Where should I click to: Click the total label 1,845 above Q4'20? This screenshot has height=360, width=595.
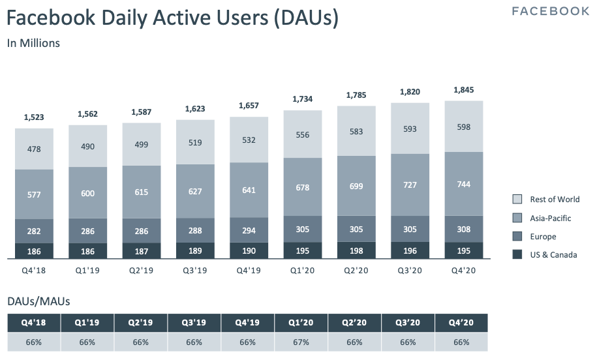[463, 90]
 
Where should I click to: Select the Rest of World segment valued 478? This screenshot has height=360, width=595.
[34, 149]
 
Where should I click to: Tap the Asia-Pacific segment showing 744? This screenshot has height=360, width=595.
[463, 184]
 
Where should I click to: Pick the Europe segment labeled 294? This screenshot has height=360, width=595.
[249, 230]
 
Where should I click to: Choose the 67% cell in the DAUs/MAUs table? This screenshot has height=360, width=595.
[301, 342]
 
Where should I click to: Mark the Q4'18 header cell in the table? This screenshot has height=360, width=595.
[34, 323]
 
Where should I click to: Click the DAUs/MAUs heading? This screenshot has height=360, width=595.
[38, 301]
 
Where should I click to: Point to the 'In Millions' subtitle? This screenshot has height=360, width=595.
[33, 43]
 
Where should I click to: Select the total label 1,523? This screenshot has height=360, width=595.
[34, 117]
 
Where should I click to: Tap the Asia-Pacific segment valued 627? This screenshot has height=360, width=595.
[195, 191]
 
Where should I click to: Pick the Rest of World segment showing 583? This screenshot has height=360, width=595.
[356, 132]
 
